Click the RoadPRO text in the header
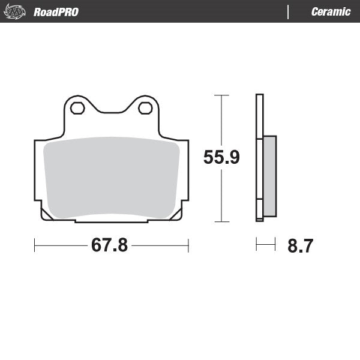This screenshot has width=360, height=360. click(56, 12)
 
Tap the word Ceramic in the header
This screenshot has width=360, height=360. click(331, 12)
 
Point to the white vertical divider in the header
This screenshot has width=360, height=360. click(289, 12)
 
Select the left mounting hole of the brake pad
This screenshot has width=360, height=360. click(77, 108)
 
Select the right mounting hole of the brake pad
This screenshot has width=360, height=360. click(145, 108)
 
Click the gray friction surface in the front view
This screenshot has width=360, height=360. click(112, 177)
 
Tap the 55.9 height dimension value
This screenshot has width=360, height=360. click(221, 158)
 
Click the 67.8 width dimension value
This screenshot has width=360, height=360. click(109, 245)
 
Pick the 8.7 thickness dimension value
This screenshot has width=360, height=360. click(300, 246)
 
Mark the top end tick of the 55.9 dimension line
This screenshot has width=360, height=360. click(221, 95)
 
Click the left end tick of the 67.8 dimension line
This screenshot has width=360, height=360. click(35, 245)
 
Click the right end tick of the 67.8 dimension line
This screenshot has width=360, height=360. click(188, 245)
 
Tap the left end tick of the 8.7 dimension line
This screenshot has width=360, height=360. click(257, 244)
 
